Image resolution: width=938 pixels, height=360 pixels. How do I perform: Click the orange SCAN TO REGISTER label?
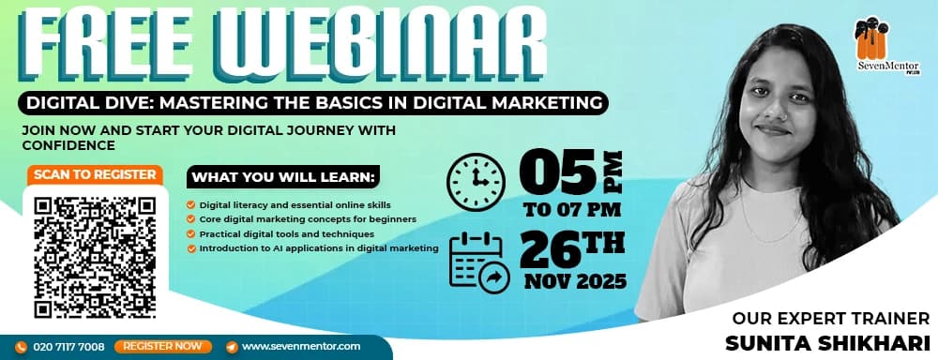(x=95, y=174)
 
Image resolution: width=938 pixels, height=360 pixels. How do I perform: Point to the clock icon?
(x=475, y=180)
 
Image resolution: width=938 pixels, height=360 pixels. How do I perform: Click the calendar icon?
(x=479, y=262)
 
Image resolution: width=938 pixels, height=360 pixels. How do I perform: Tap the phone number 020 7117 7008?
(x=67, y=347)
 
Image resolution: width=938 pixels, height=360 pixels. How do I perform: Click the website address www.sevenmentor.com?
(x=301, y=347)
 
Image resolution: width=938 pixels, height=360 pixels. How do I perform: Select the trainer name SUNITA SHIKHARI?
(x=825, y=340)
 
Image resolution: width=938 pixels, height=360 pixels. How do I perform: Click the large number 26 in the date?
(x=554, y=252)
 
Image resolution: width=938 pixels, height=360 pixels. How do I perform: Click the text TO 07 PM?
(x=572, y=207)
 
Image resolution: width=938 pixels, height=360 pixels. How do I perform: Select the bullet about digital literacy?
(x=295, y=204)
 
